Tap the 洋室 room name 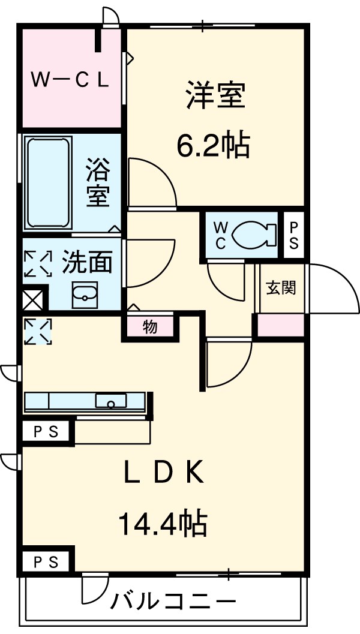click(x=215, y=96)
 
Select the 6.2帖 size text click(x=213, y=145)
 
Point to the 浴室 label click(x=98, y=182)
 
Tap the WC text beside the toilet click(x=220, y=235)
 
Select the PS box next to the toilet click(x=294, y=235)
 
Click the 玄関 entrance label click(x=281, y=288)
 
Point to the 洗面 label click(x=87, y=262)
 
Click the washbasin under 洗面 click(x=85, y=295)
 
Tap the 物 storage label click(x=149, y=327)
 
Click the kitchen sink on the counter click(x=111, y=401)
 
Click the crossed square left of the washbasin click(x=33, y=298)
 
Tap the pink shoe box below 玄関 click(x=281, y=325)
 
